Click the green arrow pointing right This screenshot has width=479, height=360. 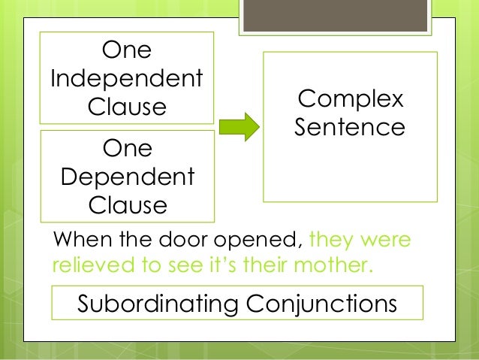pyautogui.click(x=239, y=126)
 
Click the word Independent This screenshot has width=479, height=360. pyautogui.click(x=127, y=78)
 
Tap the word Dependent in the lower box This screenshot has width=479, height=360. pyautogui.click(x=127, y=177)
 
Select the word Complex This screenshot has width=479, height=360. pyautogui.click(x=350, y=99)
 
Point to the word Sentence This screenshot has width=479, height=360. pyautogui.click(x=350, y=126)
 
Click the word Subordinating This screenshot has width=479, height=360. pyautogui.click(x=152, y=304)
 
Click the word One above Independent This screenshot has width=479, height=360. pyautogui.click(x=127, y=51)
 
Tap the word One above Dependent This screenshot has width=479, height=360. pyautogui.click(x=127, y=149)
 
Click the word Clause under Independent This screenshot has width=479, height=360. pyautogui.click(x=127, y=106)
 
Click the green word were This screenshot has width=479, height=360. pyautogui.click(x=387, y=241)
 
